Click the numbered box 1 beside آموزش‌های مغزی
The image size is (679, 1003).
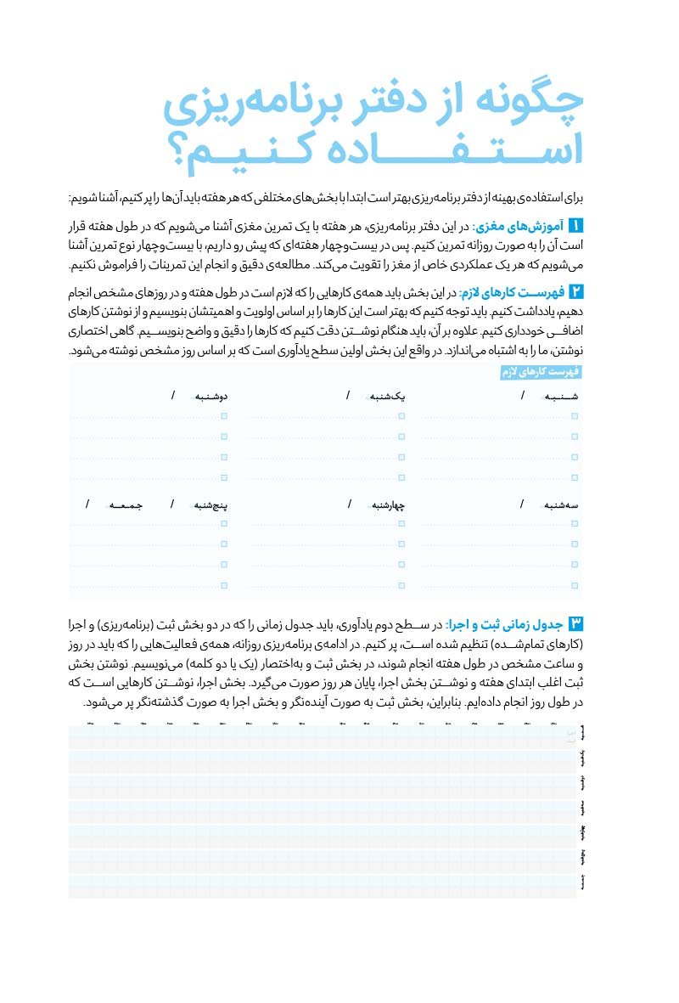tap(576, 226)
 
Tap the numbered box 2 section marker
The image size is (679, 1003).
tap(576, 292)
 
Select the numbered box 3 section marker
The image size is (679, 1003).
tap(576, 624)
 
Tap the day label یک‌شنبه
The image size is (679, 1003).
tap(387, 397)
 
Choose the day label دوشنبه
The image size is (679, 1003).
tap(210, 397)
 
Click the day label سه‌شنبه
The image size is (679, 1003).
tap(562, 505)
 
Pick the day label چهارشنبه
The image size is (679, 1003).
tap(386, 505)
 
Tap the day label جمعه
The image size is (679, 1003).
tap(126, 505)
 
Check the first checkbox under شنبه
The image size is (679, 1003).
tap(575, 416)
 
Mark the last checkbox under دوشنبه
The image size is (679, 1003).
tap(224, 477)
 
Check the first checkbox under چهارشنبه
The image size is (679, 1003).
tap(401, 524)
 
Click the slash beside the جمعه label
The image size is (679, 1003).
tap(87, 504)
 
